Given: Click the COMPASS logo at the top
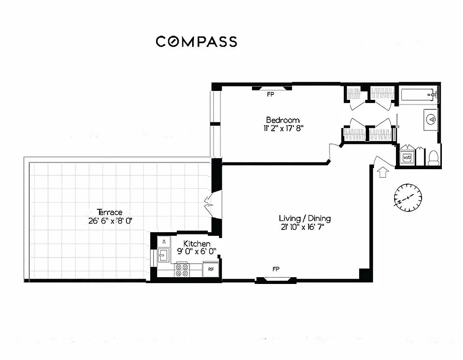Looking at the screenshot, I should pyautogui.click(x=196, y=41).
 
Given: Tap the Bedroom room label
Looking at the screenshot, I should pyautogui.click(x=283, y=120).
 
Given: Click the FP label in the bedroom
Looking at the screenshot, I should pyautogui.click(x=270, y=94).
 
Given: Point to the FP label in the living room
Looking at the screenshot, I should pyautogui.click(x=275, y=269).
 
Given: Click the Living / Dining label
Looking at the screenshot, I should pyautogui.click(x=305, y=219).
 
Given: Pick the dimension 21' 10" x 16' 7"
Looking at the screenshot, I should pyautogui.click(x=301, y=227).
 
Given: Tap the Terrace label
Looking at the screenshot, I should pyautogui.click(x=109, y=212).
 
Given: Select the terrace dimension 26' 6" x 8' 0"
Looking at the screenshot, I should pyautogui.click(x=110, y=220).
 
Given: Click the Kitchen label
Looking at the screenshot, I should pyautogui.click(x=197, y=243).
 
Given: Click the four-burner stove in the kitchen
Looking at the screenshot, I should pyautogui.click(x=182, y=270).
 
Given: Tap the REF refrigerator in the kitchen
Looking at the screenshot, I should pyautogui.click(x=210, y=270).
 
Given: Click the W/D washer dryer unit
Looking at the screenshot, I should pyautogui.click(x=407, y=157).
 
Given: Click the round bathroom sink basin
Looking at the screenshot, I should pyautogui.click(x=431, y=119).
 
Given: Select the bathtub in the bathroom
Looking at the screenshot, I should pyautogui.click(x=418, y=95).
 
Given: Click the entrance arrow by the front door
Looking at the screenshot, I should pyautogui.click(x=382, y=172).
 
